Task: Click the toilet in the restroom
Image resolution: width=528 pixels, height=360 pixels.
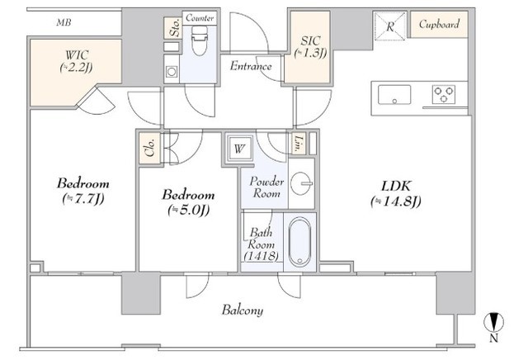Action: pos(200,40)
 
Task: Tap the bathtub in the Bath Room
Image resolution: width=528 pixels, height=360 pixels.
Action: pos(299,242)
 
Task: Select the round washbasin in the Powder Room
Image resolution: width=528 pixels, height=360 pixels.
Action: pos(300,183)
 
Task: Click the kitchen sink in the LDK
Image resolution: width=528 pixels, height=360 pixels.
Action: pos(394,95)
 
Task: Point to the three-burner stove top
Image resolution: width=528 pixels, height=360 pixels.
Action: pos(444,94)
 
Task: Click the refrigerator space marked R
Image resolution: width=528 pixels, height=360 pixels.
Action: pos(390,26)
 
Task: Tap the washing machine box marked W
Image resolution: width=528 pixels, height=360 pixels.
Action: pos(239,149)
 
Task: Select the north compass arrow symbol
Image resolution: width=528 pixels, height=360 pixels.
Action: pos(493,322)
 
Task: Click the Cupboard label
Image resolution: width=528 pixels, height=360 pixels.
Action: pos(439,24)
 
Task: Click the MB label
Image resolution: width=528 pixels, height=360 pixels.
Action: pos(64,22)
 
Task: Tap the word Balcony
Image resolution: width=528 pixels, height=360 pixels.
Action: pos(243,310)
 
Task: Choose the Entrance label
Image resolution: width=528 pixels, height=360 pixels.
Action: pos(251,66)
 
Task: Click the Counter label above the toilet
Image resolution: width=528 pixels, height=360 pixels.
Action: pos(200,18)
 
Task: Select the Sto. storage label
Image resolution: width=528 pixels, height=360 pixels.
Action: pos(175,27)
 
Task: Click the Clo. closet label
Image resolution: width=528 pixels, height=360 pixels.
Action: pos(150,148)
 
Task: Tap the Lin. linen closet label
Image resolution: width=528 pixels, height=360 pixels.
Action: pos(299,144)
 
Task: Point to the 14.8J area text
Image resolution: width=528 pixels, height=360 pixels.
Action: pos(396,201)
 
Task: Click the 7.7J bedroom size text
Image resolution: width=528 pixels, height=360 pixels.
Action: pos(83,199)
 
